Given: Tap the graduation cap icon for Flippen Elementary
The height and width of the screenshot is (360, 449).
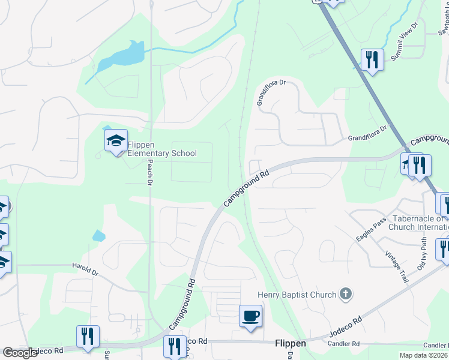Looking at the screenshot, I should (x=116, y=142).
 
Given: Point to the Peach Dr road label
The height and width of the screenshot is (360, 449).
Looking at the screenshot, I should (x=151, y=175).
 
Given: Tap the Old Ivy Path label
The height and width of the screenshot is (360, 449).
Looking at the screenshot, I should (x=424, y=253).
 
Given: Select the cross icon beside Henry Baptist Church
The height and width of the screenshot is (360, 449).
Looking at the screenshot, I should (x=345, y=293).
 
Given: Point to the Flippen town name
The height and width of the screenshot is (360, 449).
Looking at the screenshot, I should (x=291, y=344).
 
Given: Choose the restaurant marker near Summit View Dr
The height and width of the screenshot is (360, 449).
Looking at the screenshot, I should (x=372, y=59).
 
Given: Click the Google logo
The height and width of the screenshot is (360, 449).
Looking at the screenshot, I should (x=20, y=353).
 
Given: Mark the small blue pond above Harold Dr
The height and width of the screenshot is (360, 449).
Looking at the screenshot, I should (x=98, y=235).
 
